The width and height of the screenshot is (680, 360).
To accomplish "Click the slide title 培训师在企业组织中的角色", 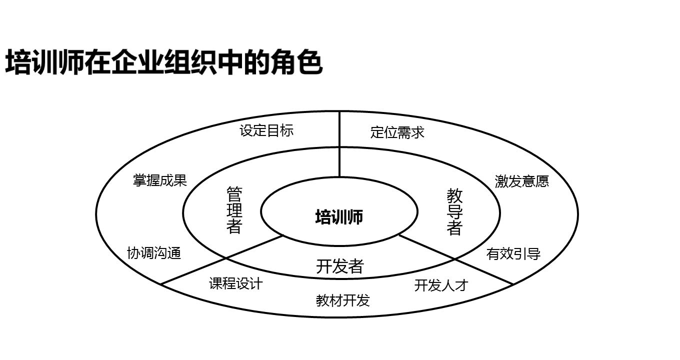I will (x=163, y=63).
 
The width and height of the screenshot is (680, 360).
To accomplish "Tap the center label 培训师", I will (x=339, y=217).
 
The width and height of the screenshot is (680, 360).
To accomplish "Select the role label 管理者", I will (x=234, y=210).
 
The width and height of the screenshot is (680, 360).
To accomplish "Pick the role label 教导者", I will (x=454, y=212).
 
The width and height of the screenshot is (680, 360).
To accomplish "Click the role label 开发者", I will (x=339, y=266).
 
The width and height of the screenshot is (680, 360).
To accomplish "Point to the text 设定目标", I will (x=266, y=130).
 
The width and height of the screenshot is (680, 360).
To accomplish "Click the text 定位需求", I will (x=397, y=132).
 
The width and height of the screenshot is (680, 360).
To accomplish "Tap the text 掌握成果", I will (x=159, y=180).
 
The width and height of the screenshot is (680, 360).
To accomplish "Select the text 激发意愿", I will (x=521, y=181).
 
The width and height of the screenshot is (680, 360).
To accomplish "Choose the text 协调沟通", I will (x=154, y=253).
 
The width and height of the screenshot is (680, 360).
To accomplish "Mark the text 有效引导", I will (x=513, y=254).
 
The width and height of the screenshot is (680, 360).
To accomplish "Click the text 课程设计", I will (x=235, y=283).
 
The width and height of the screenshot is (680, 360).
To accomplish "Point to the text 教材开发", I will (x=343, y=300).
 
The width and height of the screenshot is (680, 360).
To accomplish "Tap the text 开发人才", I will (x=441, y=285).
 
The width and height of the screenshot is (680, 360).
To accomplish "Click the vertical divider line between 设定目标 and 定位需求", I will (x=339, y=145).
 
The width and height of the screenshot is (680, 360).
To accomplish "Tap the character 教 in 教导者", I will (x=454, y=195).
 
